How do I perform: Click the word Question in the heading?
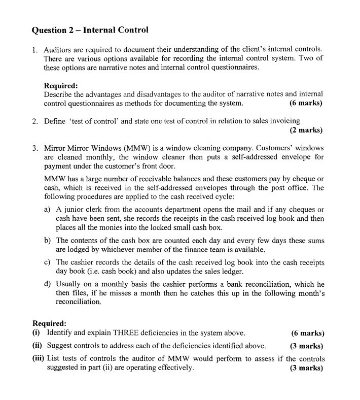click(50, 30)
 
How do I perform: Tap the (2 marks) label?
click(306, 130)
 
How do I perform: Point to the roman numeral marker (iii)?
click(38, 358)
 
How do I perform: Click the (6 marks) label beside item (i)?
click(307, 333)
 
